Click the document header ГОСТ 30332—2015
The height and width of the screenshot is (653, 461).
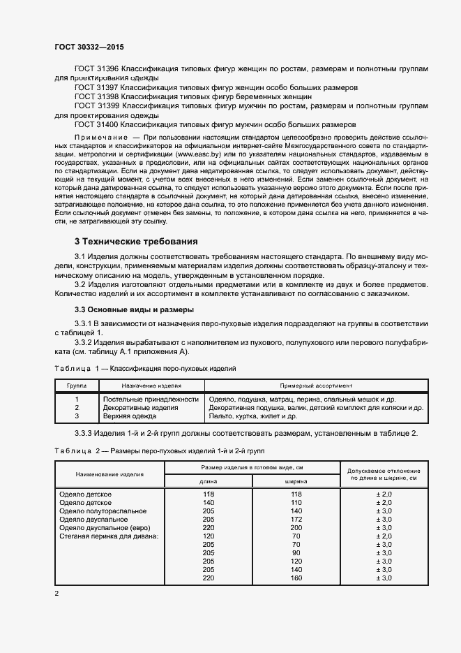coord(90,46)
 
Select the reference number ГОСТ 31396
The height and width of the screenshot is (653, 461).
coord(97,68)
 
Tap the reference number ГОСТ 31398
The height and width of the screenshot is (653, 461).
coord(97,96)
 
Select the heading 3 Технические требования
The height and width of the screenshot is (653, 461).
coord(136,242)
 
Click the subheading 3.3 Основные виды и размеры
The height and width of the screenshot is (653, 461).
coord(134,309)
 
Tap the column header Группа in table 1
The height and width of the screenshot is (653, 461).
coord(77,385)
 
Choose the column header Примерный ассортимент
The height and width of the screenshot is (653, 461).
coord(316,385)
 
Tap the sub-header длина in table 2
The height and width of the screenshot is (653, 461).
coord(208,481)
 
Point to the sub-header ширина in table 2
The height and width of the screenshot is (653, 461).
coord(296,481)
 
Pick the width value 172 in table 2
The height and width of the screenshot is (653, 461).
coord(296,520)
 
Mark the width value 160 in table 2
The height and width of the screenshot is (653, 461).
coord(296,578)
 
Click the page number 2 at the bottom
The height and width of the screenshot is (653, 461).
coord(56,594)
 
